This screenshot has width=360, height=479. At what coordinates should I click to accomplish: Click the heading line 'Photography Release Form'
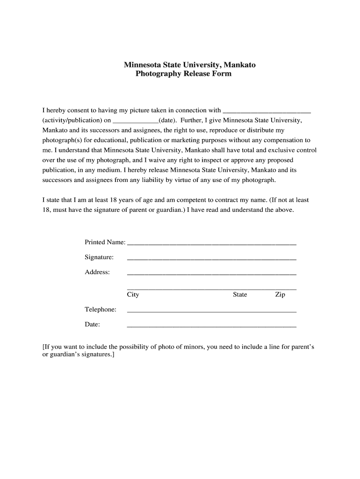(183, 74)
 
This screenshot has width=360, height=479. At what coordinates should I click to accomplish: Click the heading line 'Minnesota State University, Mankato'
(189, 65)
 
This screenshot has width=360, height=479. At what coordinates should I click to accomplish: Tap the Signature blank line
(211, 259)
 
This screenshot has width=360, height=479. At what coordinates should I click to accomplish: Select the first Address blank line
(211, 274)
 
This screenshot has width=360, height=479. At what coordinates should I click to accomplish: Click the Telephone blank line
(211, 311)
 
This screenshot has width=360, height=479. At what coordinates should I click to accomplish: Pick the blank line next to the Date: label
(211, 326)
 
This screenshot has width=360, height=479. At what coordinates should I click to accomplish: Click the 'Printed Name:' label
(105, 242)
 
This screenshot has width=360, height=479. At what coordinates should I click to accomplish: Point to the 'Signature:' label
(99, 257)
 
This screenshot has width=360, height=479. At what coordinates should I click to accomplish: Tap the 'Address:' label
(97, 272)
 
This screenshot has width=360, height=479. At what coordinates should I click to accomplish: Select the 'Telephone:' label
(101, 310)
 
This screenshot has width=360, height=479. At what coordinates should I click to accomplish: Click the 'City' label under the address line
(133, 295)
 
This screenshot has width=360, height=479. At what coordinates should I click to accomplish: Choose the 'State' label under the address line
(240, 295)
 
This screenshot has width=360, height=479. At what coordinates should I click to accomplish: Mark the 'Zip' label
(280, 295)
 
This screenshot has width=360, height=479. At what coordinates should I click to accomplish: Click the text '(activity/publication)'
(72, 120)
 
